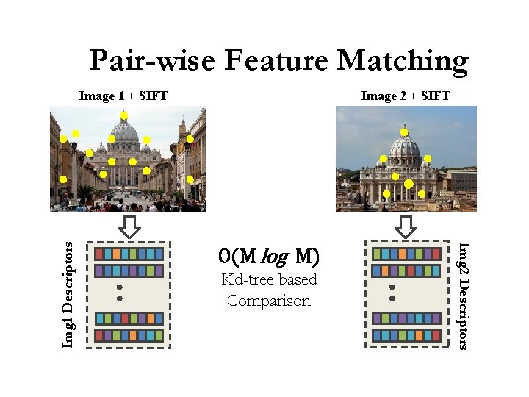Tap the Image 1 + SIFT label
123,96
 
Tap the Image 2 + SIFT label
406,96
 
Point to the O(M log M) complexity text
269,257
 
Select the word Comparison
269,301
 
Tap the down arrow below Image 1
130,226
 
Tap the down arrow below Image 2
406,226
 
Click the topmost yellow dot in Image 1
124,115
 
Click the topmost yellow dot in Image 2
404,132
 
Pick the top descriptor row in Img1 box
129,254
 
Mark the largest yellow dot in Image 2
409,184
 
